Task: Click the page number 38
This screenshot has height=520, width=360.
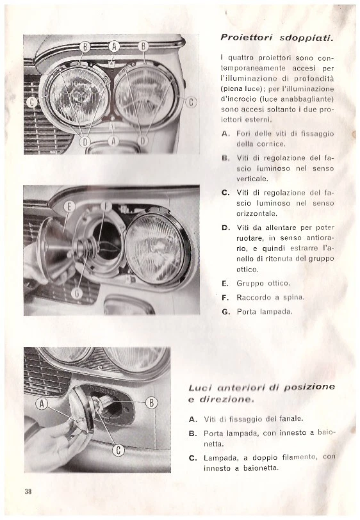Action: (x=28, y=491)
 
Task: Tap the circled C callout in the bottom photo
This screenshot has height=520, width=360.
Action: (x=118, y=451)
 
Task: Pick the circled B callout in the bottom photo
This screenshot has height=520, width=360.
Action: (x=152, y=402)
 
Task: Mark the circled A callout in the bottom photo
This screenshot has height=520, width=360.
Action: (x=42, y=403)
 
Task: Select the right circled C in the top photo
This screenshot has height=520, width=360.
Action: (x=191, y=102)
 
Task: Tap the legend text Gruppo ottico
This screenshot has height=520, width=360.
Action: (x=263, y=282)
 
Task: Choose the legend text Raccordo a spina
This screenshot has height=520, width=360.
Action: (x=270, y=297)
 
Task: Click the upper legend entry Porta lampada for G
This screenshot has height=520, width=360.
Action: (x=264, y=311)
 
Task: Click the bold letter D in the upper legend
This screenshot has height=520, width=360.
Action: (x=225, y=227)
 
